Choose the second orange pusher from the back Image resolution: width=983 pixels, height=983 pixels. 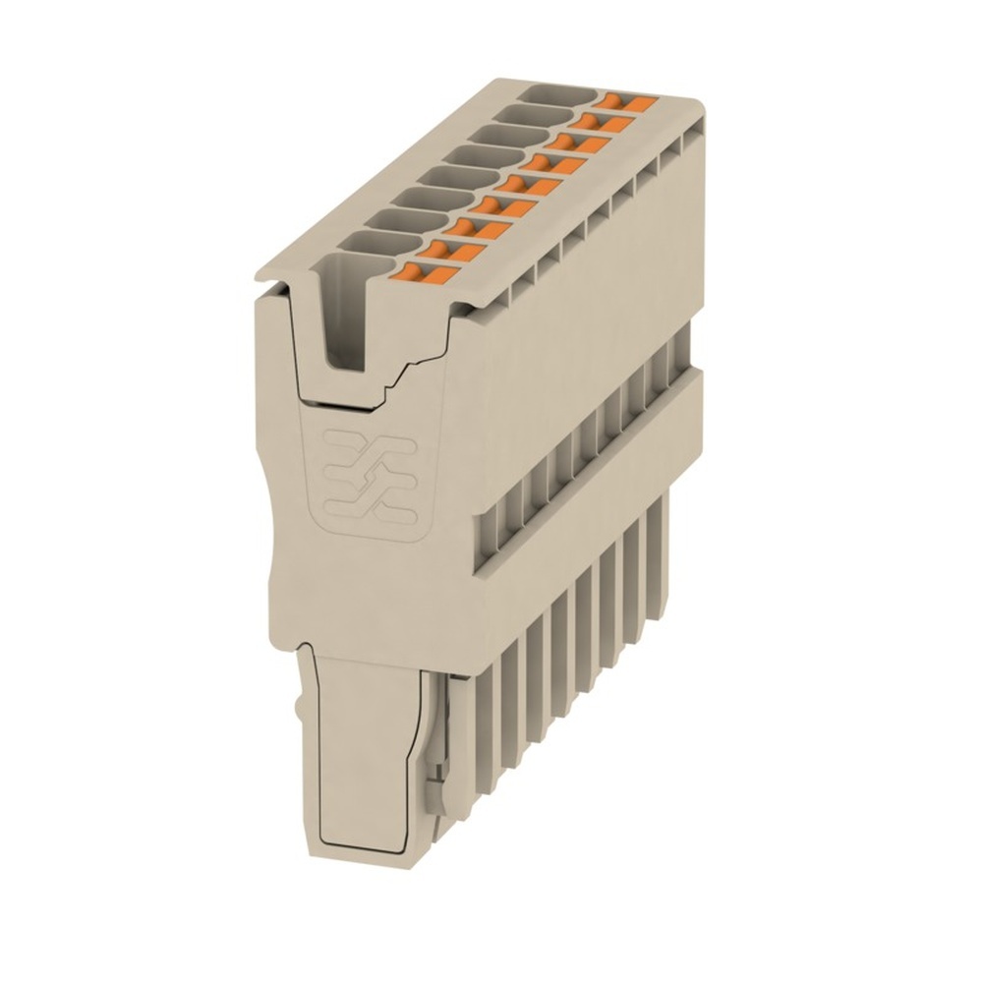point(603,122)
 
